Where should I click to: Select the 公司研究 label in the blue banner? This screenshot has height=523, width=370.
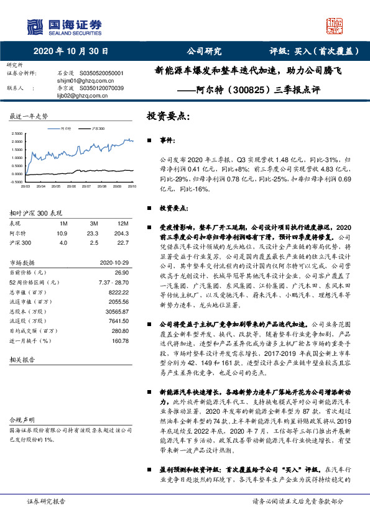[204, 52]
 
